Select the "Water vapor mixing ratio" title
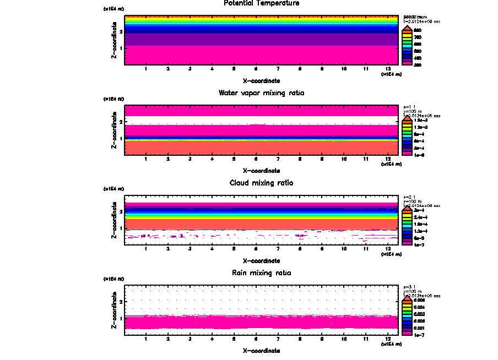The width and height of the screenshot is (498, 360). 262,93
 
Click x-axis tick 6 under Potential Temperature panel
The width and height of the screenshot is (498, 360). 256,69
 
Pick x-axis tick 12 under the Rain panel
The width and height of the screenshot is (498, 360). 388,339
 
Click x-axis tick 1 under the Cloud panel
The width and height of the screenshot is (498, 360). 145,249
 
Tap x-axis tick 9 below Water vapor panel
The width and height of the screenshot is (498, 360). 322,159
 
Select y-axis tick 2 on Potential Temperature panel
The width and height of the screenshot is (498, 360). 121,31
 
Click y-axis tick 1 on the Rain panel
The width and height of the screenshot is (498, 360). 121,318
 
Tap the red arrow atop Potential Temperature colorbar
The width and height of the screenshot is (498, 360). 407,26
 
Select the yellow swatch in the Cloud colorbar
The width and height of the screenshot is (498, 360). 407,218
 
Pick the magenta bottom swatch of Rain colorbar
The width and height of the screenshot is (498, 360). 407,333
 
